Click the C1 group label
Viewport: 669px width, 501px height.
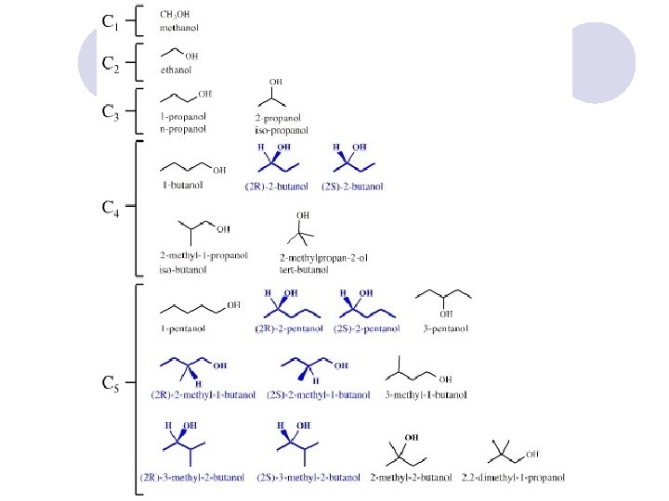(110, 21)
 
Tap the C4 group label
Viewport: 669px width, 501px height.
(110, 208)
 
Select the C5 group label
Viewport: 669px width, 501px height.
(110, 384)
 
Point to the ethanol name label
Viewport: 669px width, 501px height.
(176, 68)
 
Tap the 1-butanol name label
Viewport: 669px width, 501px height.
(183, 185)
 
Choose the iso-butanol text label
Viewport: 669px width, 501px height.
(185, 270)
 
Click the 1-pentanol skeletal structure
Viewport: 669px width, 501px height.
(199, 306)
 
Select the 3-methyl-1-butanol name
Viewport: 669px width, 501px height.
(426, 395)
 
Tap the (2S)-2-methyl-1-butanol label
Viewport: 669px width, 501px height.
(318, 394)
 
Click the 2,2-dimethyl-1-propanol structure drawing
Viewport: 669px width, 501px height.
(512, 454)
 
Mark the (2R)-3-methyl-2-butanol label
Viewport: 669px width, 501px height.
(192, 478)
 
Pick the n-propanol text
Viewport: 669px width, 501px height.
(184, 129)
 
